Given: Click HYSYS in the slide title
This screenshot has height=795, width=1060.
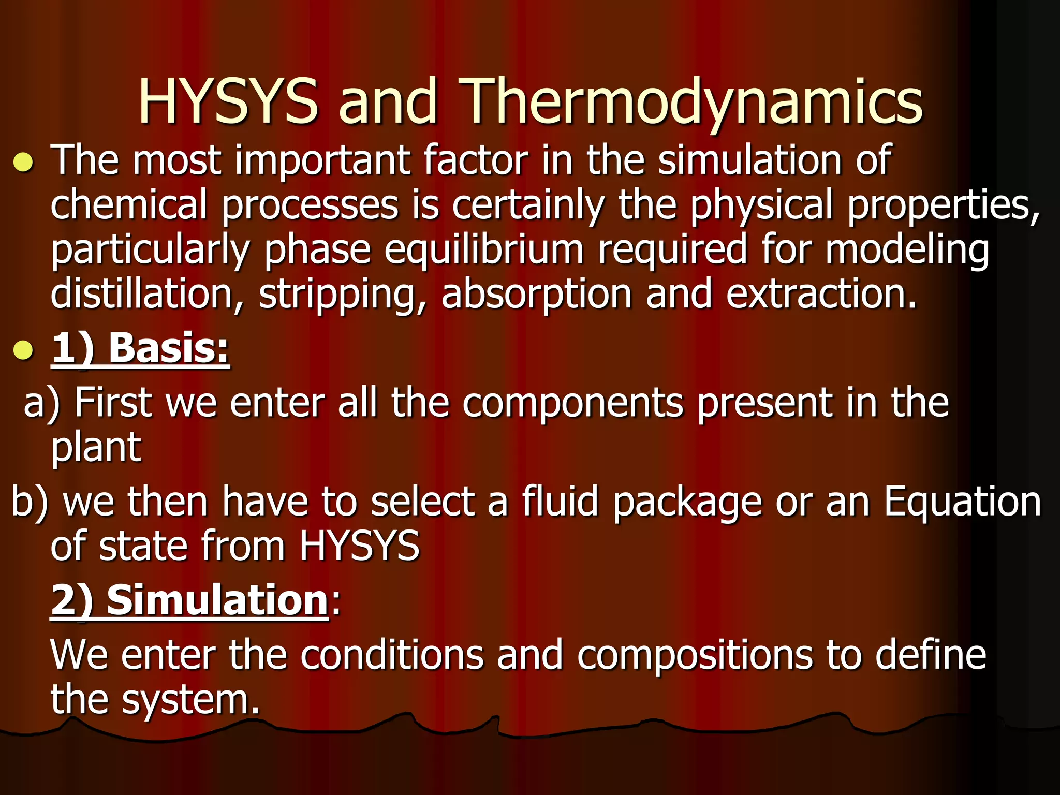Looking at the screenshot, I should coord(228,101).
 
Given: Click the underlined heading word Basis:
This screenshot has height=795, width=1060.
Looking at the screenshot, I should coord(169,348).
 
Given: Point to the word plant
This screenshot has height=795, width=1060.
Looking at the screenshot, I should coord(96,448).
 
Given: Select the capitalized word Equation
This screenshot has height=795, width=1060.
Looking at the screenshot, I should coord(962,502).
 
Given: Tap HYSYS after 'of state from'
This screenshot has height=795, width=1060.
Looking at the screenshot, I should coord(359,546).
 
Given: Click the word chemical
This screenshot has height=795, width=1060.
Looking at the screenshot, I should coord(129,205).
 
